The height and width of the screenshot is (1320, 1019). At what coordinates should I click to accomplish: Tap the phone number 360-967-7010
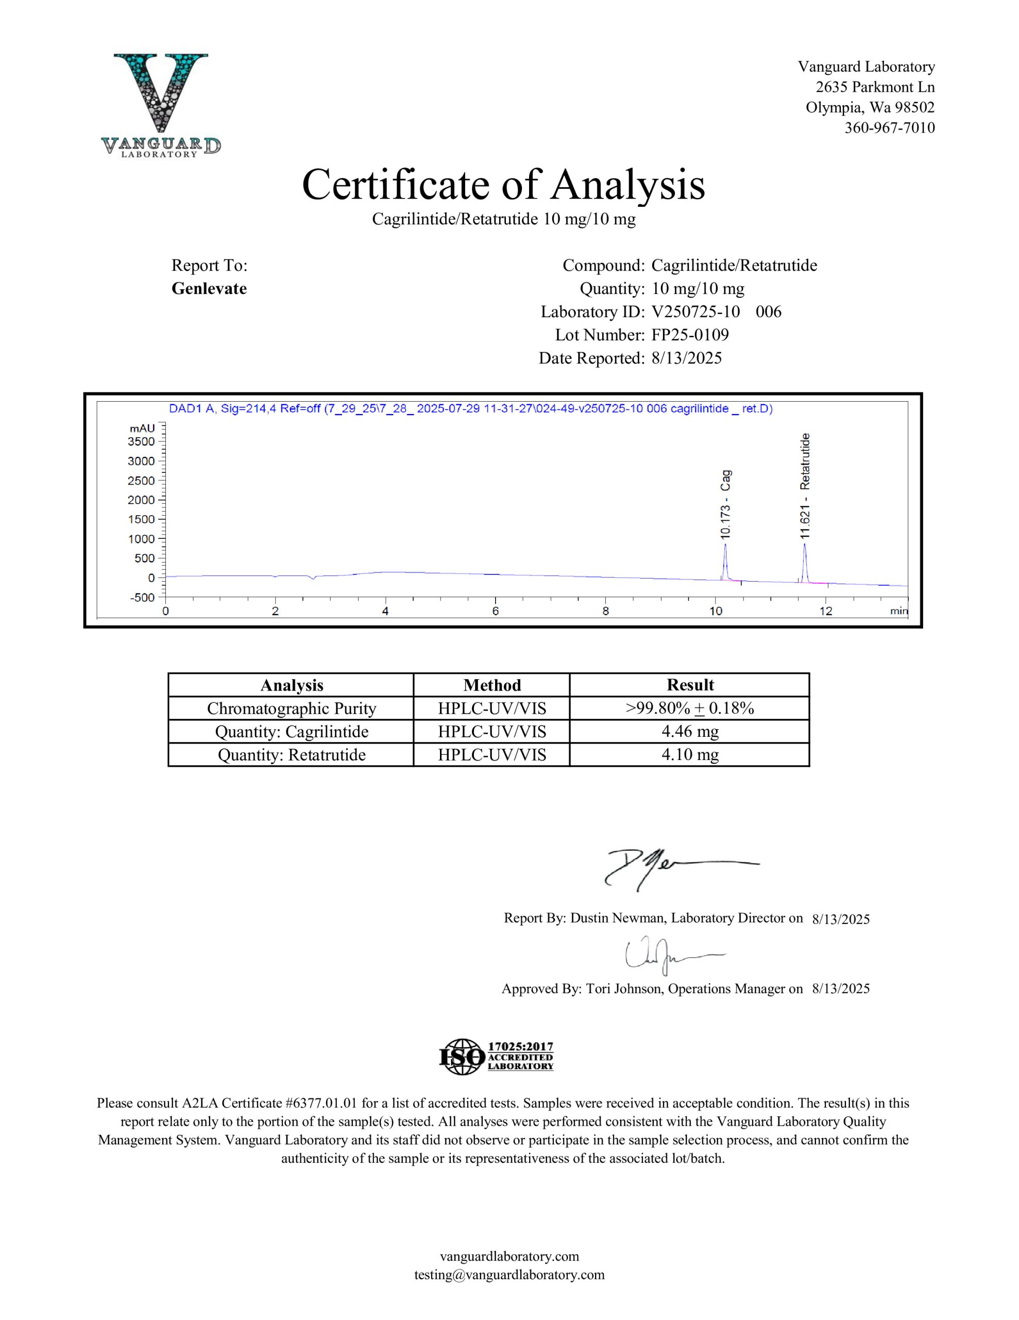pos(889,127)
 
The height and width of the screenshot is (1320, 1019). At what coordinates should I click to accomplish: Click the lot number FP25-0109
pos(690,335)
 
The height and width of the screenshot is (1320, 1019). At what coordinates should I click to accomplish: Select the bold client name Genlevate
pos(209,288)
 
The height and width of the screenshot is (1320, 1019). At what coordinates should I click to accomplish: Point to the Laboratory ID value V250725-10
pos(695,312)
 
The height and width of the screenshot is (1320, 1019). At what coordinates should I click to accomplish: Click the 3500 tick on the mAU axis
pos(141,441)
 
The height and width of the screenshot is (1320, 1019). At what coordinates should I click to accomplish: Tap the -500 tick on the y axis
pos(143,597)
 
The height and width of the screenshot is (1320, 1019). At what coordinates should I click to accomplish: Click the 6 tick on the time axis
pos(495,611)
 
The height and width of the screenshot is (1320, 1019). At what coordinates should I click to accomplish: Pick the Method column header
pos(491,685)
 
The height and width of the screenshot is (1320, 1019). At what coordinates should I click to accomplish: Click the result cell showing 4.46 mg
pos(690,731)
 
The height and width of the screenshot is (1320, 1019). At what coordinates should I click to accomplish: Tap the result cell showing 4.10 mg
pos(690,754)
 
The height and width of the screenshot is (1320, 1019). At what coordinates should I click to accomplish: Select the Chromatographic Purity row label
pos(291,708)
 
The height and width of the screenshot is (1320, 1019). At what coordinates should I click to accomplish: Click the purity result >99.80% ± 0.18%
pos(690,708)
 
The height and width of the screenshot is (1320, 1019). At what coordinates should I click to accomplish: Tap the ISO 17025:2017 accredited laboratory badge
pos(496,1057)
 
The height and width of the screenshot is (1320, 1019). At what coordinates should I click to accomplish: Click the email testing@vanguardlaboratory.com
pos(509,1275)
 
